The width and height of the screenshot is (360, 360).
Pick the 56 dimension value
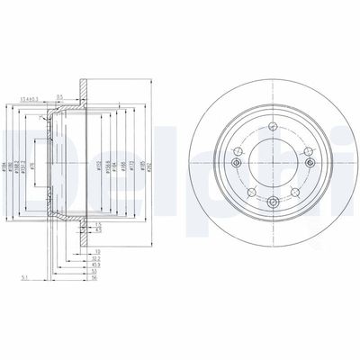click(93, 279)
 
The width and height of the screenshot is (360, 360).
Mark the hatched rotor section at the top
click(84, 91)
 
